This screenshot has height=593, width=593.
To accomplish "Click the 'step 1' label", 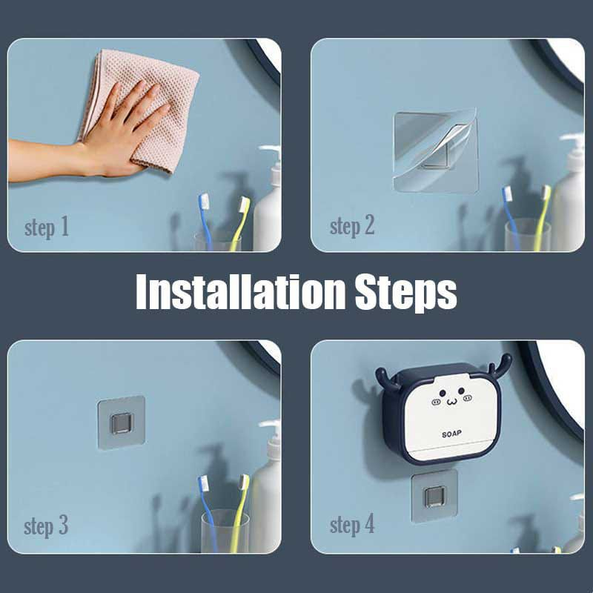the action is [47, 228].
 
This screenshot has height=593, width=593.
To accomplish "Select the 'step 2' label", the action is [352, 226].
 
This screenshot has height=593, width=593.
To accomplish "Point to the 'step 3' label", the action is [46, 526].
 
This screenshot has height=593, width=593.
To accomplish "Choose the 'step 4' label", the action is [352, 525].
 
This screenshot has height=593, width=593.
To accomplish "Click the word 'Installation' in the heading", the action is [240, 292].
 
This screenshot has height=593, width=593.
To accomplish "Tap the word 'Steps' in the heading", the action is [405, 294].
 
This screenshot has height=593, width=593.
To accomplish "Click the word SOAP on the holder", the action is [451, 434].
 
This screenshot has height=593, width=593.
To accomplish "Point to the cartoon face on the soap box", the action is [451, 397].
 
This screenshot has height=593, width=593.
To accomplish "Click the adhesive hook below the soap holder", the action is [434, 497].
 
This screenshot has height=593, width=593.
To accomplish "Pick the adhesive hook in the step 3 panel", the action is [122, 423].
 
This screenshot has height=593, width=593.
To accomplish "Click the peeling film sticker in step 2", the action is [436, 151].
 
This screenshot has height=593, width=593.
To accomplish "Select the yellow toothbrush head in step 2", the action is [546, 193].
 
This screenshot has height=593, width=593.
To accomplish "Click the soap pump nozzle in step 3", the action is [269, 424].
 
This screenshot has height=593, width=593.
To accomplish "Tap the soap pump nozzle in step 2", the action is [572, 137].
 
